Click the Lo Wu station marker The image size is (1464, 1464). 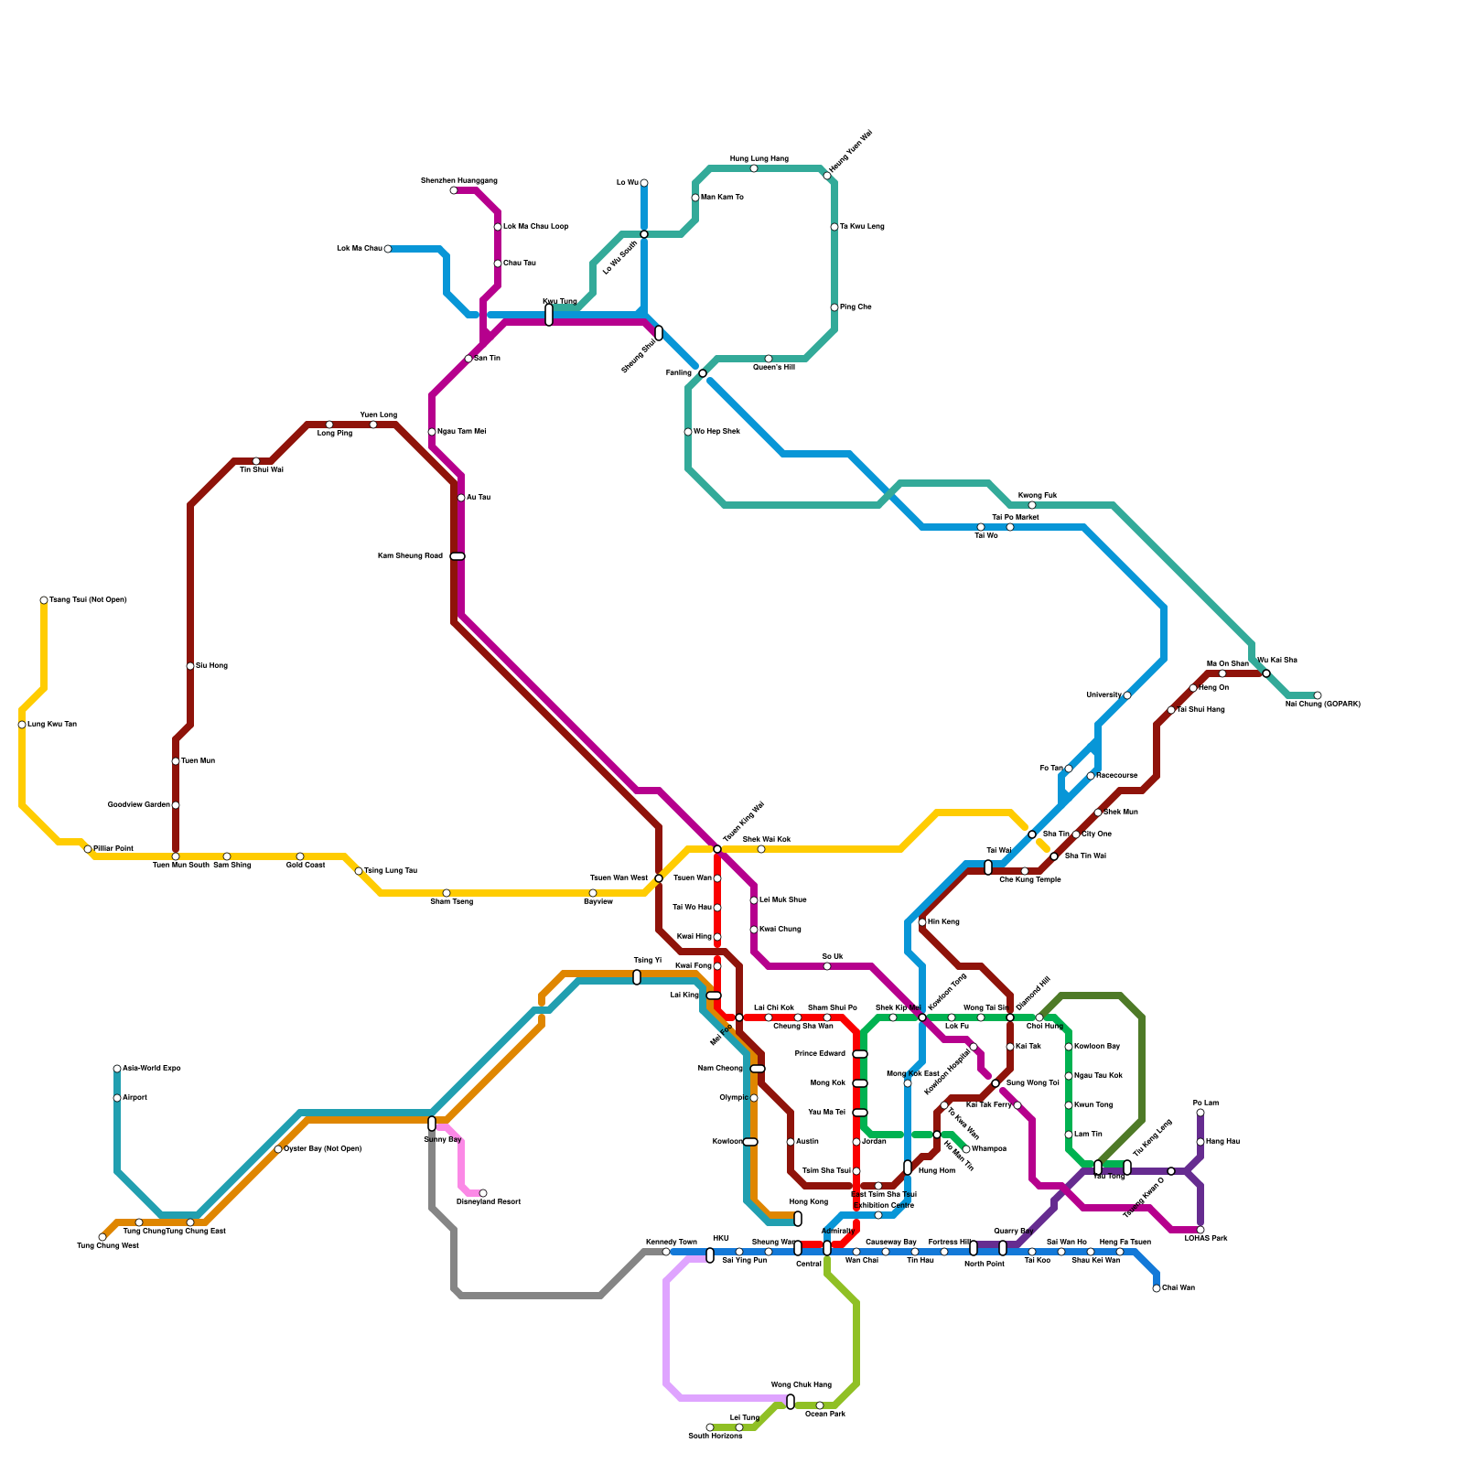(x=644, y=183)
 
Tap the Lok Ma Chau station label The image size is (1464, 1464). (x=359, y=249)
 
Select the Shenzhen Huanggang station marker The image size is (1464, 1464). (x=454, y=190)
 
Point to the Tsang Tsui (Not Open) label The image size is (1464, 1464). (x=88, y=600)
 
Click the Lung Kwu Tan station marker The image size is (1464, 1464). (x=22, y=725)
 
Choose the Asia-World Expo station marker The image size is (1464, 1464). (x=117, y=1069)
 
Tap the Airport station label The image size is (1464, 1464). (x=135, y=1098)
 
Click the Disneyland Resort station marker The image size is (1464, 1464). (x=483, y=1193)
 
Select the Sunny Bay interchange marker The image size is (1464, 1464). (x=432, y=1124)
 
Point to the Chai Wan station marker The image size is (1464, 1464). (x=1157, y=1288)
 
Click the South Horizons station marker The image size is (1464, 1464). (x=710, y=1427)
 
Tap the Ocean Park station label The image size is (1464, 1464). (x=824, y=1415)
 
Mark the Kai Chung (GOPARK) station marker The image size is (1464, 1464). (x=1318, y=695)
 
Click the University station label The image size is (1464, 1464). (x=1103, y=695)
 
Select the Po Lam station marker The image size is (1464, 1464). (x=1200, y=1113)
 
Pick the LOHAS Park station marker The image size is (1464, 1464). (x=1200, y=1230)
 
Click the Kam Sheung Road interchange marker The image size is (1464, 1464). (x=457, y=556)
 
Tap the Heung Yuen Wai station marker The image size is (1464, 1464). (x=827, y=176)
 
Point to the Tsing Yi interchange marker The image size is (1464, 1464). (x=637, y=977)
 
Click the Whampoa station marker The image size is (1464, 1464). (x=966, y=1149)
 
